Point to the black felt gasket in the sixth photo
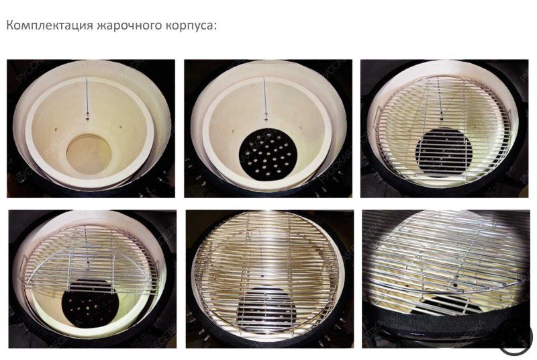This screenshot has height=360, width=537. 430,322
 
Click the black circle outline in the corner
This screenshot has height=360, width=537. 514,336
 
